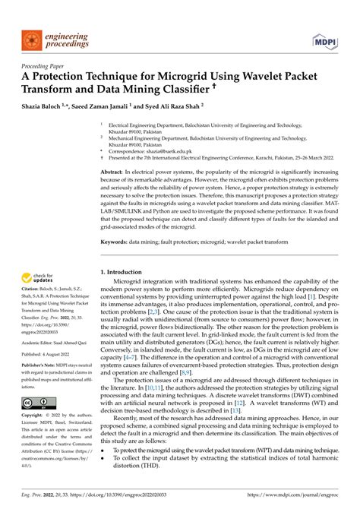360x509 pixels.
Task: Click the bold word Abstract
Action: pos(113,172)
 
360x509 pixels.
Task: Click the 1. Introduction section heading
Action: pos(125,272)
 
